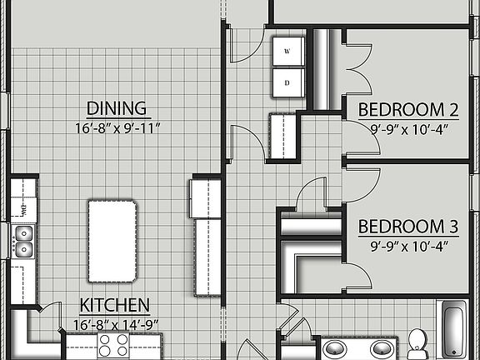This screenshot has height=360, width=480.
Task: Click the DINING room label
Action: click(x=117, y=108)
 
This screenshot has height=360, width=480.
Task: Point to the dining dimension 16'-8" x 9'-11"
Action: click(x=117, y=128)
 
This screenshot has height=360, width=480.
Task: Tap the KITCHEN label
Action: click(x=115, y=305)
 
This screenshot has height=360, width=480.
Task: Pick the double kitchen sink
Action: click(x=23, y=240)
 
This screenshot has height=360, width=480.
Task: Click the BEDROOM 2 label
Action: click(x=408, y=109)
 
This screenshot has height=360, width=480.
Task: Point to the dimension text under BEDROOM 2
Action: click(x=408, y=128)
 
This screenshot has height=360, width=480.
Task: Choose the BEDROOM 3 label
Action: click(x=408, y=226)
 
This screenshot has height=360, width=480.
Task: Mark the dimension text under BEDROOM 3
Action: click(x=408, y=245)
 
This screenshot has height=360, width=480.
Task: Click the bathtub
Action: click(x=454, y=330)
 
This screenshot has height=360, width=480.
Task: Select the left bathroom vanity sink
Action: click(x=336, y=347)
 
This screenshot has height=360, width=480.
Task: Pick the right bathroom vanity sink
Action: click(x=381, y=347)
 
